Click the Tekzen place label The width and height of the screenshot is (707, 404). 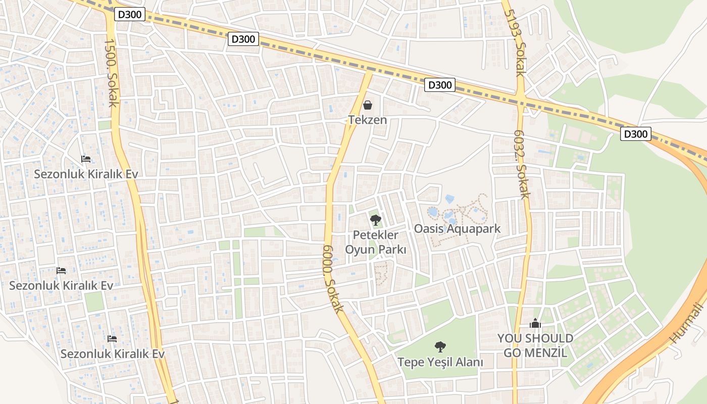coord(367,120)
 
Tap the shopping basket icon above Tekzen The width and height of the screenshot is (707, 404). coord(368,105)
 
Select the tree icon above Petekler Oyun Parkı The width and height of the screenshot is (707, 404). coord(375,220)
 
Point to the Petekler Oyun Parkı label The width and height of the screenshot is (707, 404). coord(375,242)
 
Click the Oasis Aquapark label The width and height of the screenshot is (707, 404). coord(457,229)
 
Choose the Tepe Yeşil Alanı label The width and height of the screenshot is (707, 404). coord(440,362)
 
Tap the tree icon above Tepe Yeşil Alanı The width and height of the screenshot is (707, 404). coord(440,346)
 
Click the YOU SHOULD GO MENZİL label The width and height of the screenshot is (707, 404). coord(535,345)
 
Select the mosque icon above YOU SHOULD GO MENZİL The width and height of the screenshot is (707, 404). coord(535,323)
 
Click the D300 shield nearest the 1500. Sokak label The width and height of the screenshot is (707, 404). coord(130,15)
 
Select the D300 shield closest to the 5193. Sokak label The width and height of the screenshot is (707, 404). coord(439,85)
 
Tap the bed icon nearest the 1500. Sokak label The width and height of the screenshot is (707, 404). coord(86,159)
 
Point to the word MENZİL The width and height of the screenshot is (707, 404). coord(545,352)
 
